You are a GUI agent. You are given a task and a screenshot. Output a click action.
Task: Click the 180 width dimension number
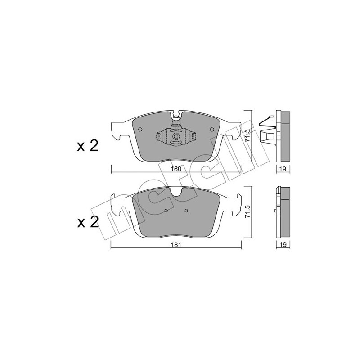[176, 170]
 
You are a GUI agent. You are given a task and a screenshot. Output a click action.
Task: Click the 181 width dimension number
[176, 245]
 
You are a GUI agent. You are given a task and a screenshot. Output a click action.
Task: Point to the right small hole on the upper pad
[211, 130]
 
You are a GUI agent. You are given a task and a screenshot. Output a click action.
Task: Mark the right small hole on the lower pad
[186, 211]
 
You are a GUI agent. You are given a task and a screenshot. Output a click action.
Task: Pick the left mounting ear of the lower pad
[120, 205]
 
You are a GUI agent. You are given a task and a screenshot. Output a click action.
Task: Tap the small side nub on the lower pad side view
[274, 210]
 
